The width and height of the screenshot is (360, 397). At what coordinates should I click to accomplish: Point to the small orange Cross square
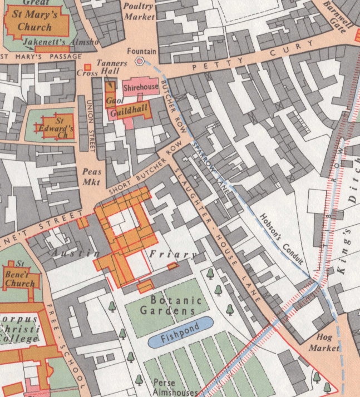click(x=87, y=67)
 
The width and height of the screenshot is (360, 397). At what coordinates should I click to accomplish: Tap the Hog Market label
click(x=328, y=343)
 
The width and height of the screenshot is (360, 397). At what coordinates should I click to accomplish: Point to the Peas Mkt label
click(x=92, y=177)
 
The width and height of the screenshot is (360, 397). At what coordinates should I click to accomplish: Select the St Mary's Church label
click(x=34, y=21)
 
